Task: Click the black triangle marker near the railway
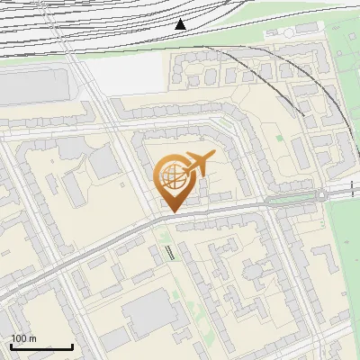pyautogui.click(x=181, y=23)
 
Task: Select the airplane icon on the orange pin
pyautogui.click(x=197, y=163)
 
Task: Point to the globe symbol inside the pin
pyautogui.click(x=171, y=178)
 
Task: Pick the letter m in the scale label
pyautogui.click(x=33, y=338)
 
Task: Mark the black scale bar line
pyautogui.click(x=41, y=346)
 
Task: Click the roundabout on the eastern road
pyautogui.click(x=320, y=194)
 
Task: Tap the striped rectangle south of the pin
pyautogui.click(x=170, y=252)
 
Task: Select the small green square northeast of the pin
pyautogui.click(x=279, y=139)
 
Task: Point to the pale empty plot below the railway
pyautogui.click(x=126, y=76)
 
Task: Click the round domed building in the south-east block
pyautogui.click(x=253, y=270)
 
